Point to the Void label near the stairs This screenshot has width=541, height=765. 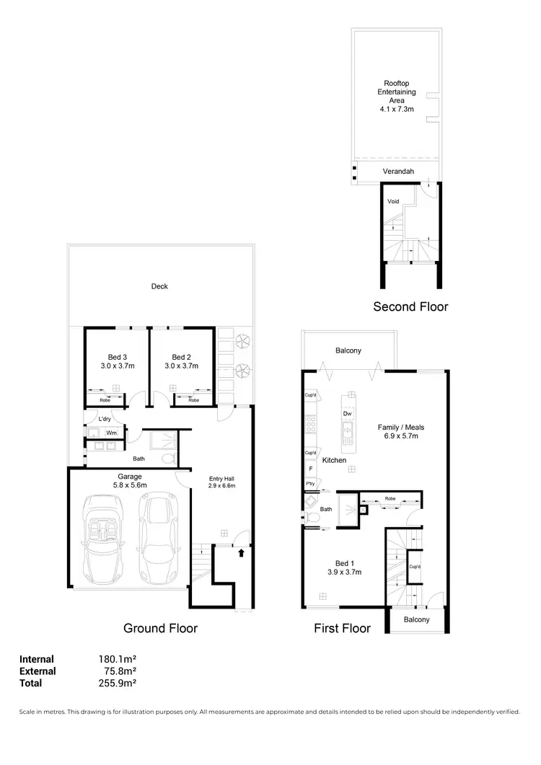point(393,201)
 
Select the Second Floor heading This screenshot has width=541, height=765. point(410,306)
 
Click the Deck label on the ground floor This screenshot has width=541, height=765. point(159,286)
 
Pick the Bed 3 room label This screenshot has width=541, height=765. point(118,361)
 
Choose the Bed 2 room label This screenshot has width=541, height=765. point(181,361)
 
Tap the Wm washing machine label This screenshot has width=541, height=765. point(112,433)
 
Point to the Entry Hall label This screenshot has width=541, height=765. point(221,482)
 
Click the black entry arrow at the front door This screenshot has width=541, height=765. point(242,553)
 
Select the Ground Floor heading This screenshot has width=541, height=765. point(160,628)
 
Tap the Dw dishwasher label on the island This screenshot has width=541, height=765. point(347,414)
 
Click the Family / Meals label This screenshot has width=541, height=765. point(398,431)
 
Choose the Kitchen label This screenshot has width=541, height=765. point(334,460)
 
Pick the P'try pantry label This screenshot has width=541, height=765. point(311,483)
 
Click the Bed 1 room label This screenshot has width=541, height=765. point(344,567)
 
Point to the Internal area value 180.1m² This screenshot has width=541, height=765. point(118,659)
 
